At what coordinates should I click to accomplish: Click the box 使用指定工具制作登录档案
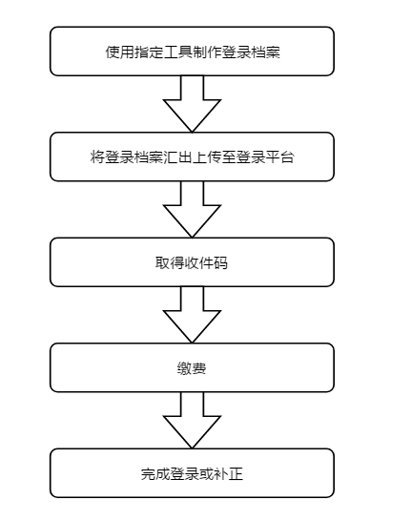click(x=192, y=52)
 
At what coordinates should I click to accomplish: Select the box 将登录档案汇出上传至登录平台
click(x=192, y=156)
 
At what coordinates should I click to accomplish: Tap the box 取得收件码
click(x=192, y=262)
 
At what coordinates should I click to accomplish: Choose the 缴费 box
click(x=192, y=367)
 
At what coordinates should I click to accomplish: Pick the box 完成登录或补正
click(x=192, y=473)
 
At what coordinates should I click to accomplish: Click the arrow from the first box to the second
click(x=192, y=104)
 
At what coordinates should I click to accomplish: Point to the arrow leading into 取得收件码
click(x=192, y=209)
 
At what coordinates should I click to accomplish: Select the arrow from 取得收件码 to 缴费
click(x=192, y=315)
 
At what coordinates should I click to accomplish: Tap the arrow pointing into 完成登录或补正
click(x=192, y=420)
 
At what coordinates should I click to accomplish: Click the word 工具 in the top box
click(x=178, y=52)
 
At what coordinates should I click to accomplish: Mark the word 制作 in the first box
click(x=207, y=52)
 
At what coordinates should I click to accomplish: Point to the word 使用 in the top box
click(x=120, y=52)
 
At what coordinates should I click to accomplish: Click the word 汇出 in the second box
click(x=177, y=157)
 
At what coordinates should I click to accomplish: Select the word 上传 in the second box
click(x=207, y=157)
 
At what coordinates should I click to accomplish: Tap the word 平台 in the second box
click(x=279, y=157)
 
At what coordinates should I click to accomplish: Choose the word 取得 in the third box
click(x=170, y=262)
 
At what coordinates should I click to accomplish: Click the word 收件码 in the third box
click(x=206, y=262)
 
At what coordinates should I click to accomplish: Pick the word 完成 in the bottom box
click(x=155, y=474)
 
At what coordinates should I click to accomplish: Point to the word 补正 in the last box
click(x=229, y=474)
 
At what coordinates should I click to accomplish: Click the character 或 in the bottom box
click(x=207, y=474)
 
